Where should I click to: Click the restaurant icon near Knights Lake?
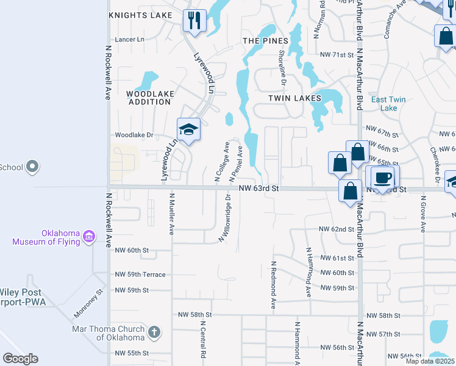[194, 20]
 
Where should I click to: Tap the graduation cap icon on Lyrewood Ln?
[189, 129]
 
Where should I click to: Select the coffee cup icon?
[382, 178]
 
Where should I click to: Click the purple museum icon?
[89, 236]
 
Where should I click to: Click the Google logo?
[20, 359]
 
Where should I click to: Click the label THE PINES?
[265, 40]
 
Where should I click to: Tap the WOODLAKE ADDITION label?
[150, 98]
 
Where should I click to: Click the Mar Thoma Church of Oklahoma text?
[109, 332]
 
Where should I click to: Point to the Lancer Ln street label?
[130, 39]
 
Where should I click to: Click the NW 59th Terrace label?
[140, 274]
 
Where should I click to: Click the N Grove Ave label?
[422, 213]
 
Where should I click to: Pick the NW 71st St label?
[337, 55]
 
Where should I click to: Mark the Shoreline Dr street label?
[282, 66]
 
